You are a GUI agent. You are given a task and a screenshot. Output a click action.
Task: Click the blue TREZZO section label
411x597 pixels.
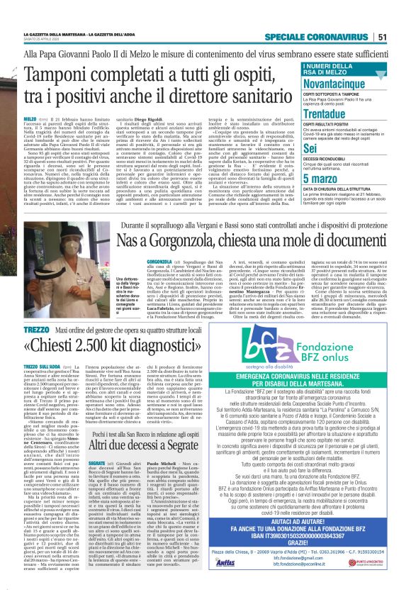pos(36,330)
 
